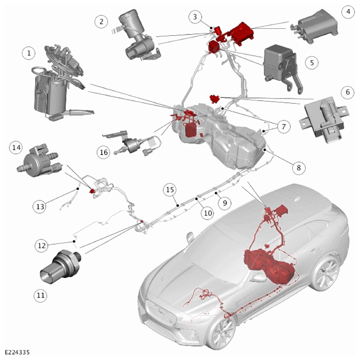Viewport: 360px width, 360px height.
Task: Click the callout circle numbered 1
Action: pyautogui.click(x=29, y=53)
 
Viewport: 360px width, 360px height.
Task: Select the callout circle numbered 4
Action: pyautogui.click(x=348, y=11)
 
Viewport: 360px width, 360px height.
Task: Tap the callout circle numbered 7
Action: pyautogui.click(x=284, y=127)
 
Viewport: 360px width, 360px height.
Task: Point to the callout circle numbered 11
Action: pyautogui.click(x=41, y=295)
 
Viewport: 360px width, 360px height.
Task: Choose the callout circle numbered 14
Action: pyautogui.click(x=16, y=147)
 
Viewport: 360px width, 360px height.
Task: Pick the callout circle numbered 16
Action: pyautogui.click(x=104, y=152)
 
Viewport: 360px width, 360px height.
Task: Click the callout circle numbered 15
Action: pyautogui.click(x=170, y=190)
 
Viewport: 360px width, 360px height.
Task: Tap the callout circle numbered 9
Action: pyautogui.click(x=225, y=203)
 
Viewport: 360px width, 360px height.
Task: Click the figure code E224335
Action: pyautogui.click(x=17, y=353)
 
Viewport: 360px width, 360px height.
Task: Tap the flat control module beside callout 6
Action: pyautogui.click(x=324, y=119)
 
